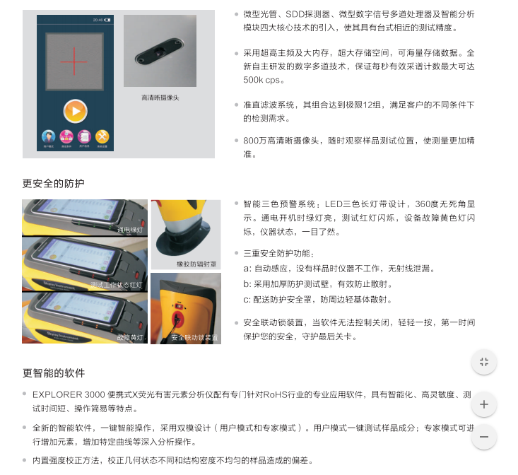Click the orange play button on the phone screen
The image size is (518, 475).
point(75,110)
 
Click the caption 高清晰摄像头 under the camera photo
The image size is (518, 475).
point(160,98)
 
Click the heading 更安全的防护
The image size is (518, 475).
point(53,184)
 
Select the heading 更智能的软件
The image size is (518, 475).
point(53,373)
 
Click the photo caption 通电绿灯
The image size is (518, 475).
point(130,230)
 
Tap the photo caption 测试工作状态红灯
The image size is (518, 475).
point(116,284)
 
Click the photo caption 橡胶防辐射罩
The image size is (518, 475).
point(197,264)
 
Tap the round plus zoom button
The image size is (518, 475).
point(483,404)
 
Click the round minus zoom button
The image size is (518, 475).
point(483,436)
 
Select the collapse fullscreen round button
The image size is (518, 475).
point(483,362)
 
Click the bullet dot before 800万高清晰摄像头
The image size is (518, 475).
point(236,141)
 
